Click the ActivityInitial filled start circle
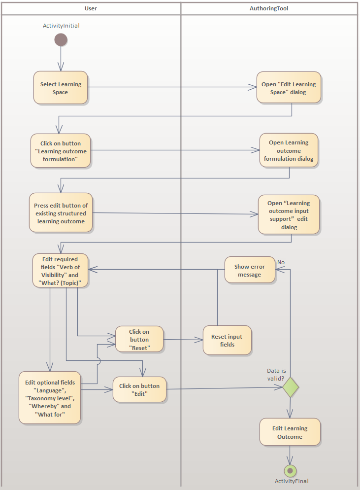pos(61,40)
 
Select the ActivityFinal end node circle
pos(290,471)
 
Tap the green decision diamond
pos(291,387)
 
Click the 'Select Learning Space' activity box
pos(61,88)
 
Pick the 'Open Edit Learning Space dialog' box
pos(289,88)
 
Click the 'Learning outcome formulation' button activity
pos(61,151)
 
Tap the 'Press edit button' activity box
pos(61,213)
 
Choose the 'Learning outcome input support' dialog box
pos(289,214)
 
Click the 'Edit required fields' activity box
pos(61,271)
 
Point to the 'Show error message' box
pos(250,270)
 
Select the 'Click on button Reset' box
pos(139,339)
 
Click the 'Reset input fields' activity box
pos(227,340)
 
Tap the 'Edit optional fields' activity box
pos(50,397)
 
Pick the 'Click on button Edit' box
pos(139,389)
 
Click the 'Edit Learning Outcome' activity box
pos(290,432)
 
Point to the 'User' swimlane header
pos(91,8)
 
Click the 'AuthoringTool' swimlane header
pos(269,8)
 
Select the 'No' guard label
pos(281,262)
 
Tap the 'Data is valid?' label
pos(276,374)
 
